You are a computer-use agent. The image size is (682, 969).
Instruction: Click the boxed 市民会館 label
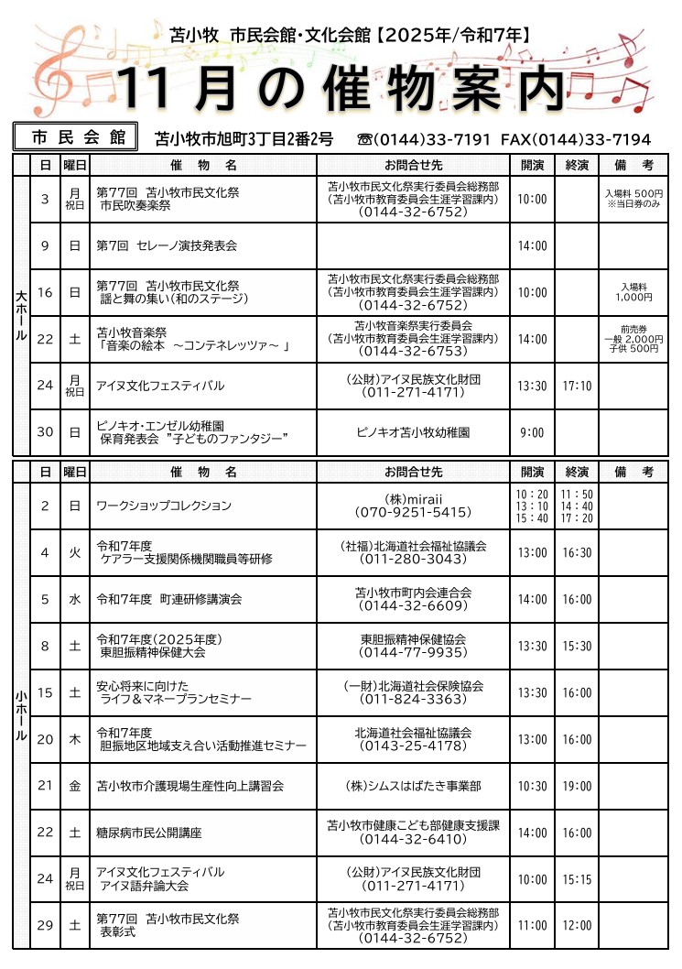[x=77, y=137]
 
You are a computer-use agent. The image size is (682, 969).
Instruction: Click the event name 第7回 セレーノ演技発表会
[x=167, y=245]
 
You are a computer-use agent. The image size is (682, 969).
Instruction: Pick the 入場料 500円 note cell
[x=634, y=199]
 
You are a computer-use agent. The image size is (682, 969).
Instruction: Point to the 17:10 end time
[x=577, y=386]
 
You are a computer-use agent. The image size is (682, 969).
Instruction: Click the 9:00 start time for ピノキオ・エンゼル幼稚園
[x=531, y=432]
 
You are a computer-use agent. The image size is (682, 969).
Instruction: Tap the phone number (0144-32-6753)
[x=413, y=351]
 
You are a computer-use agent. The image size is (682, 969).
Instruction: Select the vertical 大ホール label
[x=21, y=316]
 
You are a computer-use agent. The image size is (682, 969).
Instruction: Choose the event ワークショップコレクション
[x=164, y=506]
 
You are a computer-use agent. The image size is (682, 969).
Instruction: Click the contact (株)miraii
[x=413, y=498]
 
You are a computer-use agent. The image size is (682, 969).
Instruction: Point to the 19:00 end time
[x=577, y=786]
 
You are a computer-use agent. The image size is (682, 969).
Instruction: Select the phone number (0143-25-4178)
[x=413, y=746]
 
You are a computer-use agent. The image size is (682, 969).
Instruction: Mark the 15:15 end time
[x=577, y=879]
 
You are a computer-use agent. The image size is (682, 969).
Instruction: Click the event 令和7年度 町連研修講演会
[x=169, y=599]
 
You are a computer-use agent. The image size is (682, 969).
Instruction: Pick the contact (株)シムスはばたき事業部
[x=413, y=786]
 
